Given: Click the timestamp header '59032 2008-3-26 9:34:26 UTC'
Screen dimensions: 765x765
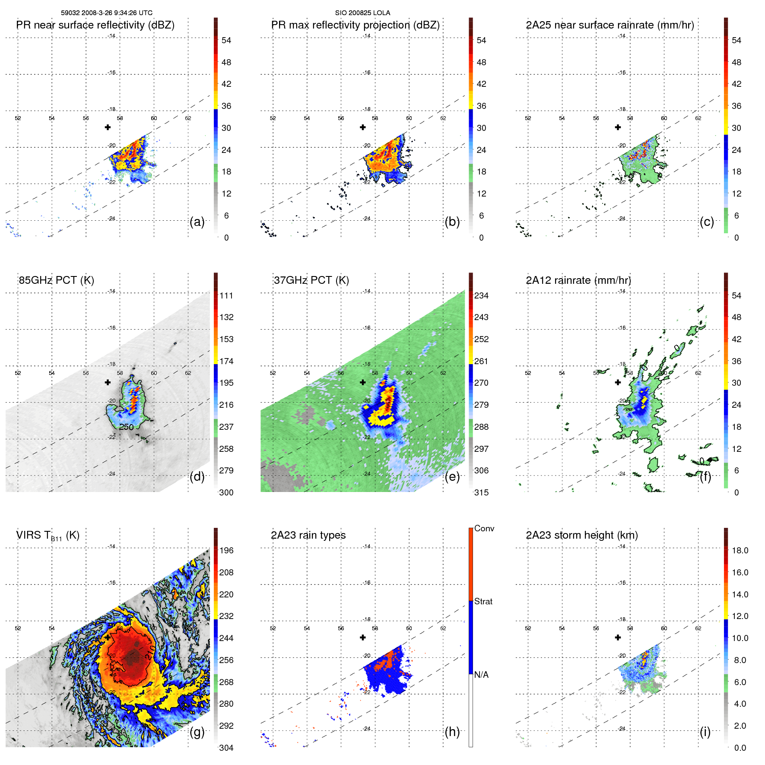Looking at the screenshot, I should click(x=106, y=13).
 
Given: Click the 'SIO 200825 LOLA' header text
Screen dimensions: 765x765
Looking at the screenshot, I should click(x=362, y=13).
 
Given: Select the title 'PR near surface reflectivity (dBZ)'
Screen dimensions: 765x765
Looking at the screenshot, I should click(x=95, y=25).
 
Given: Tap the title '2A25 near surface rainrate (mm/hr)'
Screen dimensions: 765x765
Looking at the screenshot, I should click(x=610, y=25).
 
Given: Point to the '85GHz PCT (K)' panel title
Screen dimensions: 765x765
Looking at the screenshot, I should click(x=56, y=280).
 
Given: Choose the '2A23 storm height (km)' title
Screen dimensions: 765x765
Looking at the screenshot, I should click(x=582, y=535).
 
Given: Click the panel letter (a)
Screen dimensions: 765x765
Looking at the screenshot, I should click(x=197, y=222).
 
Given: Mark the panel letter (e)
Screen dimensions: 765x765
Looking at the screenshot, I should click(x=452, y=477).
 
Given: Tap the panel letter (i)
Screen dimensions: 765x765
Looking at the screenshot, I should click(x=705, y=732).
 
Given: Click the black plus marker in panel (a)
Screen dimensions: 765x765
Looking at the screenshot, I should click(x=108, y=127).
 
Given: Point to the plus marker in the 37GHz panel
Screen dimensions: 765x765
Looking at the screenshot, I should click(x=363, y=382).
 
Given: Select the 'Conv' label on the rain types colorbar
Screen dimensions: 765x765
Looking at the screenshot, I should click(x=484, y=529).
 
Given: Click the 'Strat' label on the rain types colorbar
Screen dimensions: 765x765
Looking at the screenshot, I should click(x=483, y=602).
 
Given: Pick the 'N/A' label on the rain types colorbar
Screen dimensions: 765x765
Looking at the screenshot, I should click(x=481, y=675).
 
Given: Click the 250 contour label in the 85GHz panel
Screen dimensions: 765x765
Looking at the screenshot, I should click(x=126, y=427).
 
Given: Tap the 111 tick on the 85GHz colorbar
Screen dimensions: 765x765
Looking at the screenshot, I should click(x=226, y=296).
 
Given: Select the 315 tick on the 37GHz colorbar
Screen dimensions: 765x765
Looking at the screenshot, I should click(x=481, y=492).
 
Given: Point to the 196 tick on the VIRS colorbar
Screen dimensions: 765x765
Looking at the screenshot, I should click(x=226, y=551).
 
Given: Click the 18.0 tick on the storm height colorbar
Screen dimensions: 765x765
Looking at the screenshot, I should click(x=740, y=551).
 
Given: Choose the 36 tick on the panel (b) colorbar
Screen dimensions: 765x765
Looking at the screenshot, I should click(x=481, y=106).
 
